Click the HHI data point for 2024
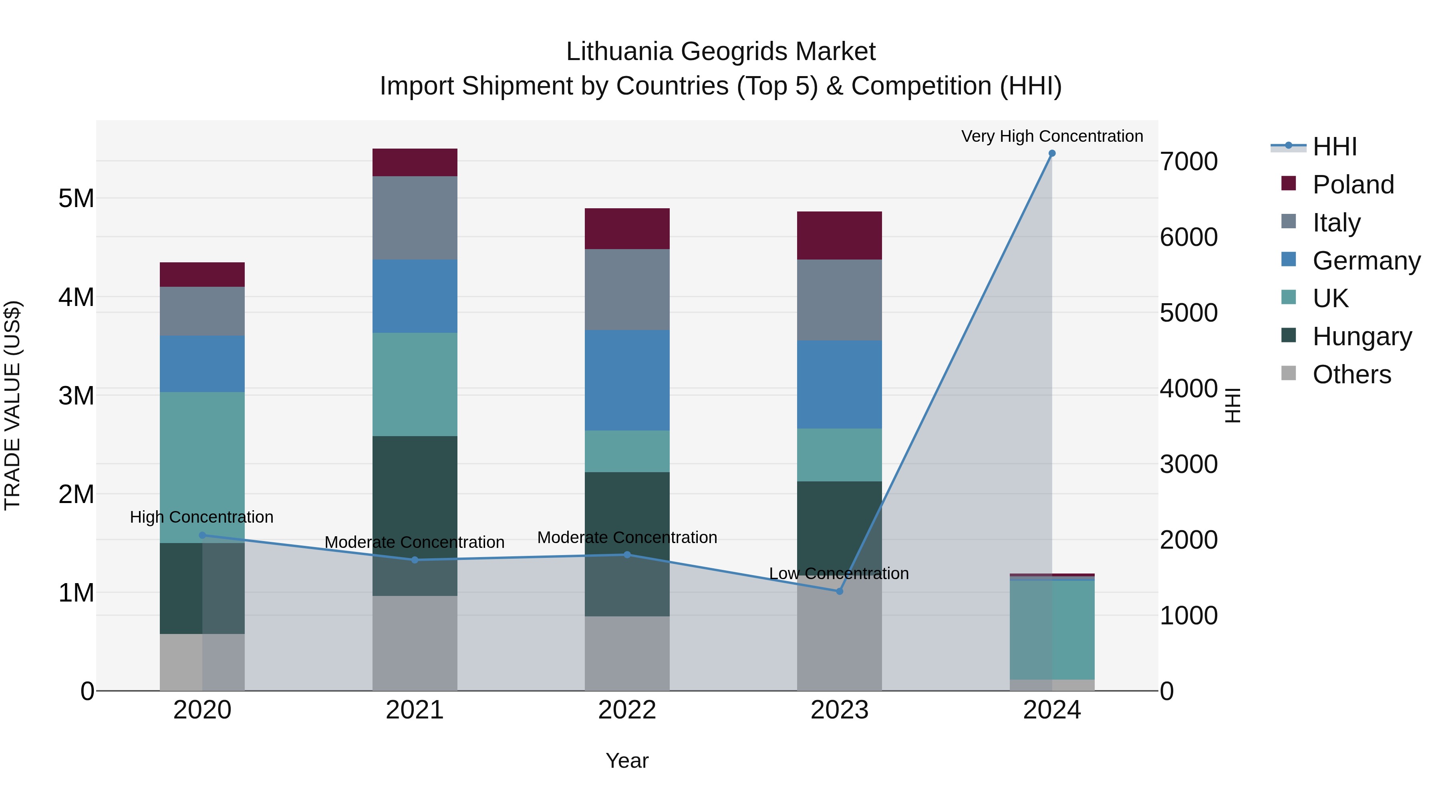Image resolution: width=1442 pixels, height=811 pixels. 1052,153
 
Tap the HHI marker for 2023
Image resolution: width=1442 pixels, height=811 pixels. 839,591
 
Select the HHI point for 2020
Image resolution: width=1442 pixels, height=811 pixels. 202,535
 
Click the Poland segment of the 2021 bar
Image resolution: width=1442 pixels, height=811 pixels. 415,162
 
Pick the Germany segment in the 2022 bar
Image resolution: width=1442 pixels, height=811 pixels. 627,380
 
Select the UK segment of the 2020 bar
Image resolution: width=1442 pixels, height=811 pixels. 202,467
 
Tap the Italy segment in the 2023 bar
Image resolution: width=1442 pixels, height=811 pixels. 839,300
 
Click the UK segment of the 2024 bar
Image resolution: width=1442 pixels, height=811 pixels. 1052,630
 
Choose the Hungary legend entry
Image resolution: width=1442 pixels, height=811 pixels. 1361,336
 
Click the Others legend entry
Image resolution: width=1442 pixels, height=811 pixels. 1351,374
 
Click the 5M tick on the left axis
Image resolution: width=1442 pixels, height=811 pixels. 76,198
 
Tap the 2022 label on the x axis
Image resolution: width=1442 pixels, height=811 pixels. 627,710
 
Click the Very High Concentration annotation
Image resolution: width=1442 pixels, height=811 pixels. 1052,136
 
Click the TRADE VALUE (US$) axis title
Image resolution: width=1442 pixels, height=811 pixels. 12,405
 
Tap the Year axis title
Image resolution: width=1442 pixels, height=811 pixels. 627,761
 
